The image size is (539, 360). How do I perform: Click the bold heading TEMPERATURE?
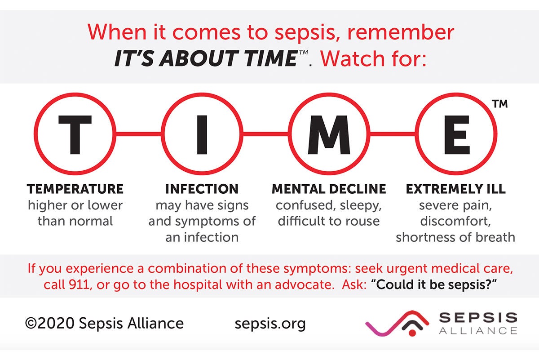pos(75,189)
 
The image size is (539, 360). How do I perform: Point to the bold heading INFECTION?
pos(202,189)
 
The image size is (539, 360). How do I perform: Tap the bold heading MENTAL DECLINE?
pos(329,189)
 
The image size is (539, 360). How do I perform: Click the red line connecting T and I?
pos(138,133)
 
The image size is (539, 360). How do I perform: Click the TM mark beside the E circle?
pos(499,104)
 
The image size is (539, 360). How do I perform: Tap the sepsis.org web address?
pos(270,323)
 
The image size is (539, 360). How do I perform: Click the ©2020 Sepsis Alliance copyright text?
pos(104,323)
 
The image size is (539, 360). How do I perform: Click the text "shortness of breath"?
pos(455,237)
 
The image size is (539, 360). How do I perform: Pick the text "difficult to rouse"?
pos(329,221)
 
